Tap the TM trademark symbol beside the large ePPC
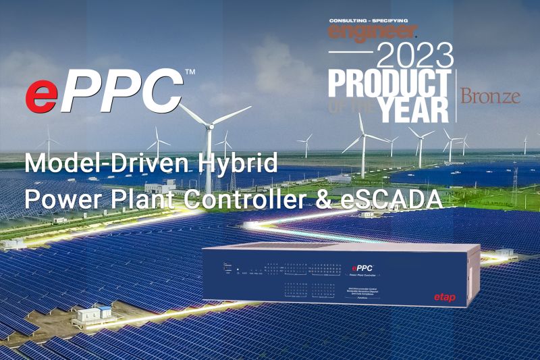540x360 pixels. [190, 71]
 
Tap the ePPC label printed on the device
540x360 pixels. [363, 267]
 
